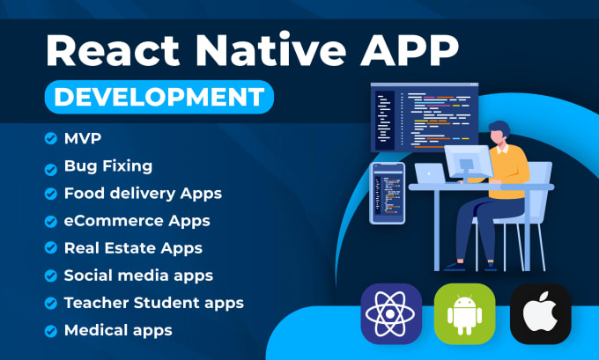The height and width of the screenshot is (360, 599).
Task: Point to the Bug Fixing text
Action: point(107,165)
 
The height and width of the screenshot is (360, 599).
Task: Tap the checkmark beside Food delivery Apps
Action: point(49,194)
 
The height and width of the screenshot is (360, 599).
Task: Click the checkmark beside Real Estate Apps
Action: point(49,248)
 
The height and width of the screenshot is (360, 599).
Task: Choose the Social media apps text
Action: point(138,276)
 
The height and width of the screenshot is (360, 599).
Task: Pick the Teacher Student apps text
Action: point(153,303)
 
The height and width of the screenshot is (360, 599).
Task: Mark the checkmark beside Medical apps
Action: point(49,331)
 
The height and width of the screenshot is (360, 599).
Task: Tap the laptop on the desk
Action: point(431,174)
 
